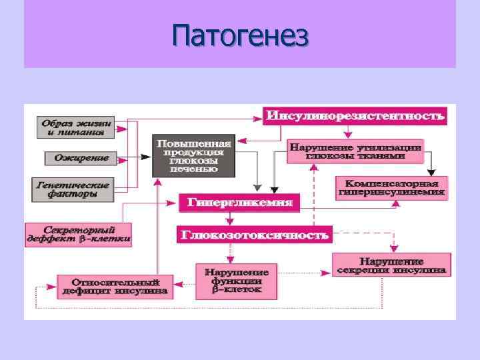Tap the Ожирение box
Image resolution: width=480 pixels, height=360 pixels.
[x=77, y=158]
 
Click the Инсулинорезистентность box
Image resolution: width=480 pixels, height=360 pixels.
[x=355, y=116]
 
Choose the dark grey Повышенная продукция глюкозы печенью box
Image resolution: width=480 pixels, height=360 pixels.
[x=193, y=156]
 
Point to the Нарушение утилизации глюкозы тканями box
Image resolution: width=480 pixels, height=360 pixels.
[x=355, y=151]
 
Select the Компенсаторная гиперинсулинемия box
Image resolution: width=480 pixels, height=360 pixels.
[x=391, y=187]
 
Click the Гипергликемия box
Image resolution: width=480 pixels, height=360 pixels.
[x=239, y=201]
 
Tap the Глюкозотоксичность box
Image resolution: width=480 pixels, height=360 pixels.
[x=254, y=234]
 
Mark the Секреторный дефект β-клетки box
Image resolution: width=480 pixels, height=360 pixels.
[x=79, y=233]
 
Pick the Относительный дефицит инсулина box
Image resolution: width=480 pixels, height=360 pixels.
[x=114, y=286]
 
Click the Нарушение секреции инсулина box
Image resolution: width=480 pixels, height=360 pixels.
[x=391, y=265]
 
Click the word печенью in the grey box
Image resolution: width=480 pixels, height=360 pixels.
[x=193, y=169]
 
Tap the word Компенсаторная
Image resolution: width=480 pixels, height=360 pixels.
[x=391, y=183]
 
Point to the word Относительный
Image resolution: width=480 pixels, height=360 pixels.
[x=114, y=281]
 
